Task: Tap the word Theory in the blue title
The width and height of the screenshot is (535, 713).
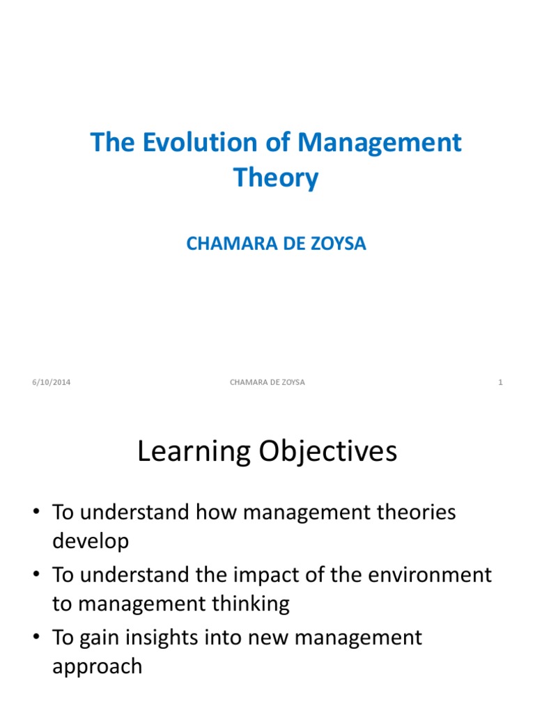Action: (x=276, y=178)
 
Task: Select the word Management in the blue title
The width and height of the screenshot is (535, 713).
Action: (x=380, y=143)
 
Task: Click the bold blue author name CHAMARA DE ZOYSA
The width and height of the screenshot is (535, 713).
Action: (x=276, y=244)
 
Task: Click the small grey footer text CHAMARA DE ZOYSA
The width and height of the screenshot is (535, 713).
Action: (x=267, y=382)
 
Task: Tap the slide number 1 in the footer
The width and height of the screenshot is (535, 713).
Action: (x=501, y=382)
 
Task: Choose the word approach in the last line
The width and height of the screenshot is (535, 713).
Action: (x=97, y=666)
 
